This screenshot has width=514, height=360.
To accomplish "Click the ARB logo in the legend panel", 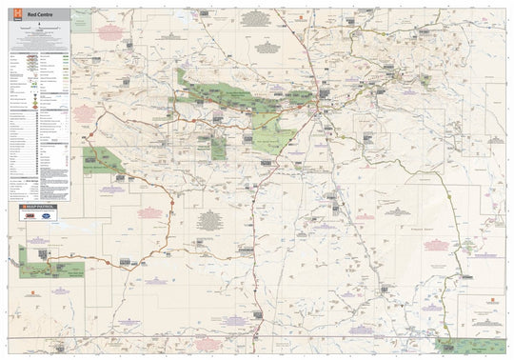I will [30, 216].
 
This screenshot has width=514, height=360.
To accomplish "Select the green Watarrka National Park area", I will [103, 160].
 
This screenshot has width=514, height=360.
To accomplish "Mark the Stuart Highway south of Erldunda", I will [255, 286].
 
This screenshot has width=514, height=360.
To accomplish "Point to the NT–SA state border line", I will [286, 336].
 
